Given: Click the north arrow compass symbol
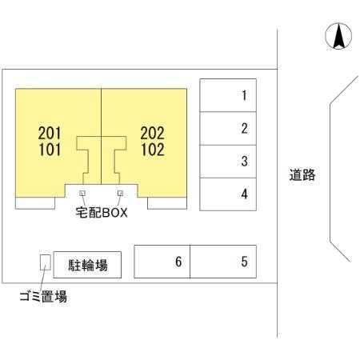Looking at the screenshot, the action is click(x=338, y=36).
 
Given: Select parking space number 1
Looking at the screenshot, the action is click(x=228, y=95).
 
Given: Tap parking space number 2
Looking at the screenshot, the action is click(x=228, y=129).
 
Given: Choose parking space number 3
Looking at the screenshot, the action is click(x=228, y=162).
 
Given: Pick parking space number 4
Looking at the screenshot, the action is click(x=228, y=194).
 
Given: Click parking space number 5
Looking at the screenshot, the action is click(x=223, y=262).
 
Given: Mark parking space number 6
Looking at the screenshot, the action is click(x=162, y=262).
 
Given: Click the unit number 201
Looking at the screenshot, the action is click(x=50, y=133).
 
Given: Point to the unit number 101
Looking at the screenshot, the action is click(x=50, y=150).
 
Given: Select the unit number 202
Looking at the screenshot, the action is click(x=152, y=133).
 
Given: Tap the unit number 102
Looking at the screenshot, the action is click(x=153, y=150).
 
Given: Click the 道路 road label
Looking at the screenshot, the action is click(x=302, y=175).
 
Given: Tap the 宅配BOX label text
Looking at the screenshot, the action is click(x=102, y=213).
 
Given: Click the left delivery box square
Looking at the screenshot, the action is click(x=82, y=193).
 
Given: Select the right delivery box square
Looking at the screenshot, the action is click(x=120, y=193).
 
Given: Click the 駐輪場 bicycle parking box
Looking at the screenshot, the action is click(x=87, y=265).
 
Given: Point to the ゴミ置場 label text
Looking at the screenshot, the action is click(x=43, y=296).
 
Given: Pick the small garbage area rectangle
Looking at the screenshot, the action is click(x=46, y=262).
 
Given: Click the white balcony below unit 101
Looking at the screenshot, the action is click(x=35, y=203).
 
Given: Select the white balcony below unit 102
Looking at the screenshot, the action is click(x=167, y=203).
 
